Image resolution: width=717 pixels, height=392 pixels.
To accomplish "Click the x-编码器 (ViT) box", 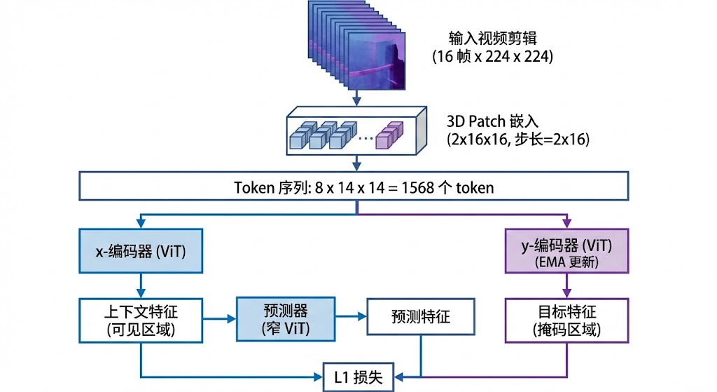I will click(141, 250).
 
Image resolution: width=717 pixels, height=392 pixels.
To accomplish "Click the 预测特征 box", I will click(420, 318).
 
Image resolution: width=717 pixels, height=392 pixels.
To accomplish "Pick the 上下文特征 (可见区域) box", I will click(141, 318).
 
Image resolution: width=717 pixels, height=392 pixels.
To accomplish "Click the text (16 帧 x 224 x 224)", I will click(492, 56).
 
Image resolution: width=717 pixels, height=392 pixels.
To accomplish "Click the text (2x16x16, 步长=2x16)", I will click(518, 139).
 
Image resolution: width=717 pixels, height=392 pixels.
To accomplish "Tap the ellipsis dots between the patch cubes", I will click(366, 138).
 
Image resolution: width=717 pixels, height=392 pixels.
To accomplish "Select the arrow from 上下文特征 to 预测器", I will click(219, 319).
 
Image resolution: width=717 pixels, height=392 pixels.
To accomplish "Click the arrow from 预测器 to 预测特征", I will click(351, 319).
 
